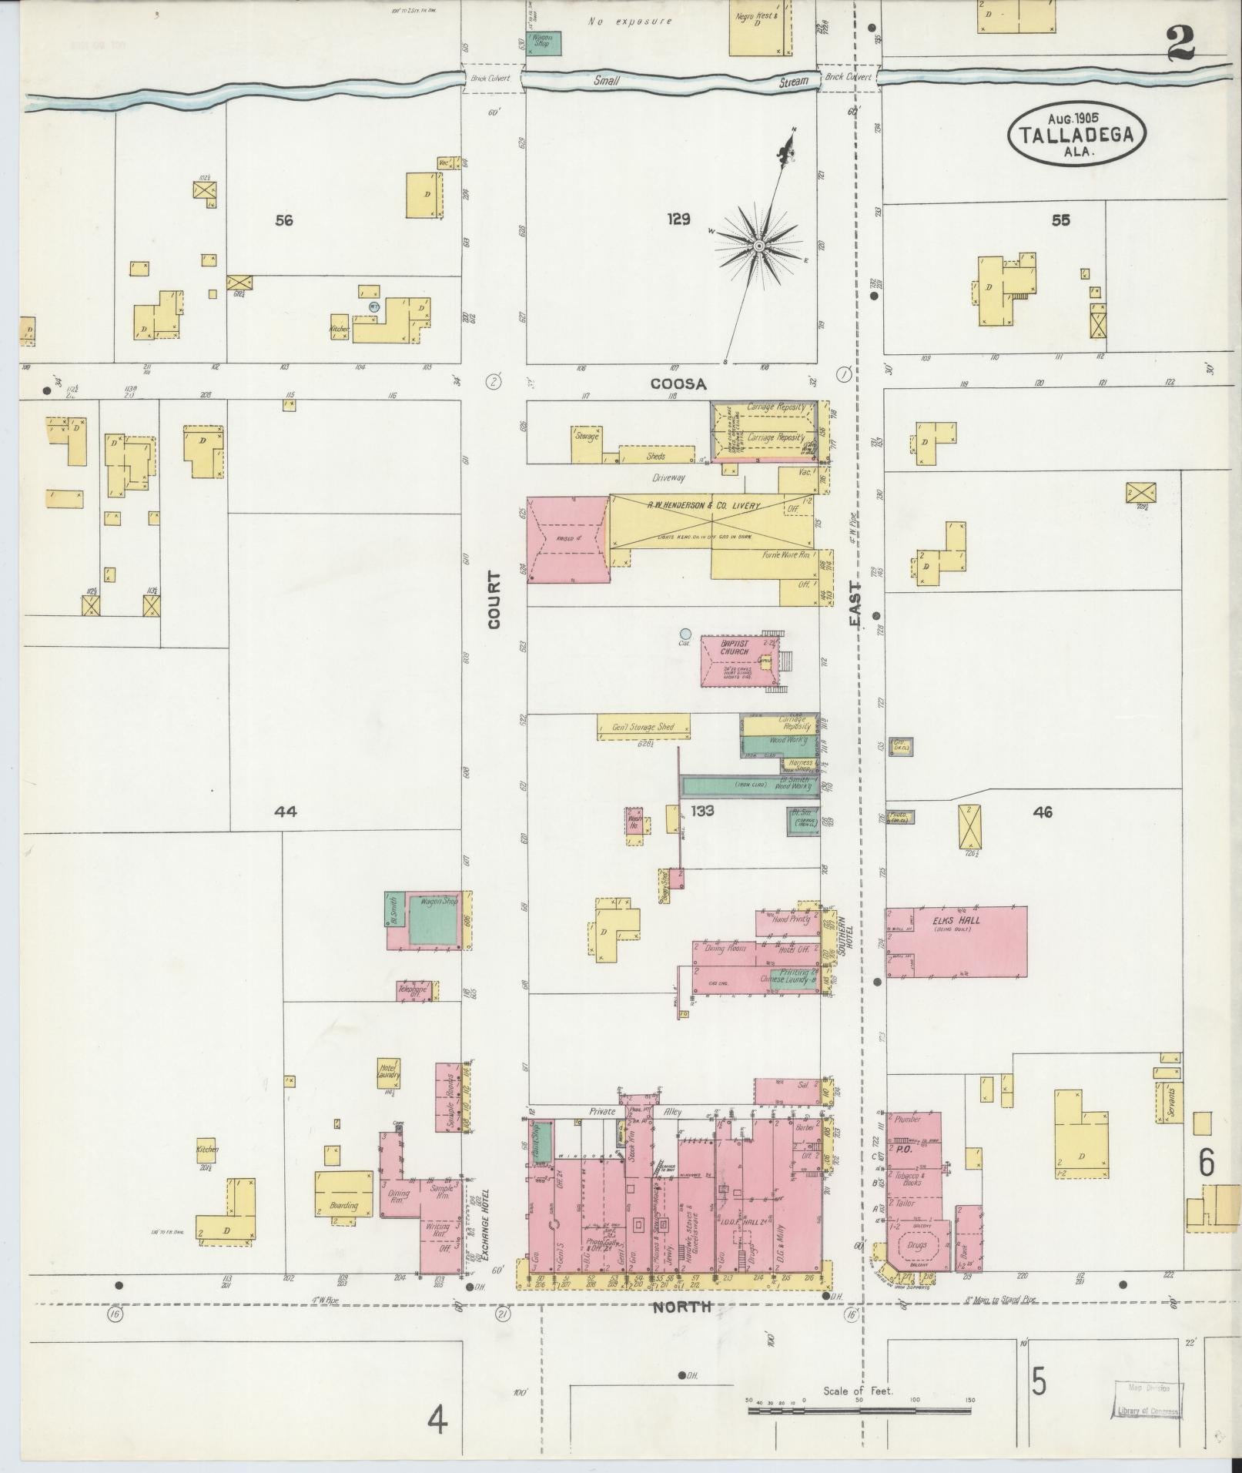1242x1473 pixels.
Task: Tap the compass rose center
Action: pyautogui.click(x=758, y=246)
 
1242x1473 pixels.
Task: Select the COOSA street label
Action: pyautogui.click(x=678, y=383)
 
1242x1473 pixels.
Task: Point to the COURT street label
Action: pyautogui.click(x=494, y=600)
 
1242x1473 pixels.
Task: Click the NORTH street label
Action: pyautogui.click(x=682, y=1307)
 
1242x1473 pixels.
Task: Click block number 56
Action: pyautogui.click(x=284, y=220)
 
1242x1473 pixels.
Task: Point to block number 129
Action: pyautogui.click(x=678, y=219)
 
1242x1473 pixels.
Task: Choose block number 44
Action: pyautogui.click(x=286, y=811)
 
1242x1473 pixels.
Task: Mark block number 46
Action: pyautogui.click(x=1043, y=812)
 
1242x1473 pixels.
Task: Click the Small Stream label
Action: pyautogui.click(x=701, y=80)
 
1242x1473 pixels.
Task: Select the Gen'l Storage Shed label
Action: pyautogui.click(x=643, y=727)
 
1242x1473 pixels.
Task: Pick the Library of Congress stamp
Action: pyautogui.click(x=1147, y=1401)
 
